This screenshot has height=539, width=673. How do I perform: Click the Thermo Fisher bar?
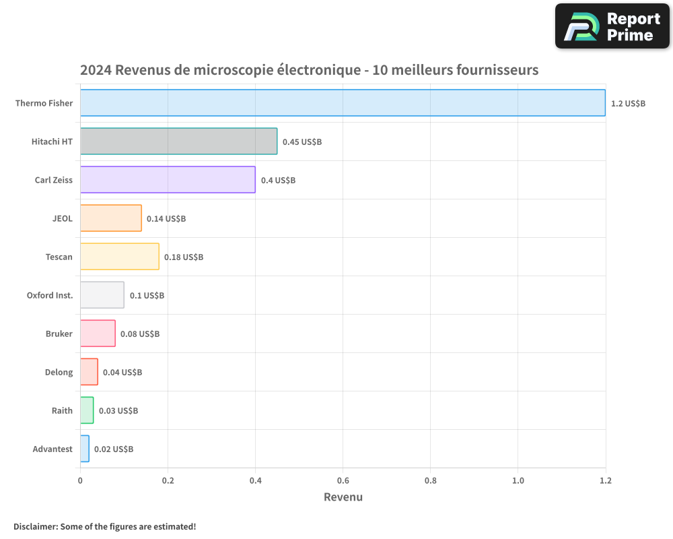point(343,103)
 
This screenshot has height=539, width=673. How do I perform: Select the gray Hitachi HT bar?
point(178,141)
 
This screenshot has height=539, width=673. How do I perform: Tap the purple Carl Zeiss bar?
point(168,180)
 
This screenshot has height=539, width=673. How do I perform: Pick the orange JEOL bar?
point(111,218)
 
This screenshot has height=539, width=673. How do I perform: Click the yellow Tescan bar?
point(120,257)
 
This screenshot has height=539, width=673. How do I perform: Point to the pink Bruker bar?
point(98,334)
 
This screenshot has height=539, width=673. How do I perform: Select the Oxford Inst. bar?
point(102,295)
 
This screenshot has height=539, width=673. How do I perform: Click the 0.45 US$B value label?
point(302,142)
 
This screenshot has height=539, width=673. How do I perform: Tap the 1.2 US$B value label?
point(628,104)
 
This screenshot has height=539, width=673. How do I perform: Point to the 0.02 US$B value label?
point(114,449)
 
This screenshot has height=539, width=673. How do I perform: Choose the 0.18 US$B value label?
point(184,257)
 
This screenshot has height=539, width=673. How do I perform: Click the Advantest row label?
point(52,449)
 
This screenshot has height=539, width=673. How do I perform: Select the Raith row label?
point(62,411)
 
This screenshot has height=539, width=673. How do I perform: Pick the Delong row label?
point(59,373)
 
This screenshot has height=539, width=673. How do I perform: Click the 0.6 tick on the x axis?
point(343,480)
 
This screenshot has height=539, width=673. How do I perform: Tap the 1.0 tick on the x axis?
point(518,480)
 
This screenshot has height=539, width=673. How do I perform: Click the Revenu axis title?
point(343,497)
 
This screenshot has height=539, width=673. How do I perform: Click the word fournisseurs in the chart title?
point(497,70)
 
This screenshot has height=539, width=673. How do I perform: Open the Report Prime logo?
point(612,26)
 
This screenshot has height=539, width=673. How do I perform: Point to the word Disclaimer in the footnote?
point(35,526)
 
